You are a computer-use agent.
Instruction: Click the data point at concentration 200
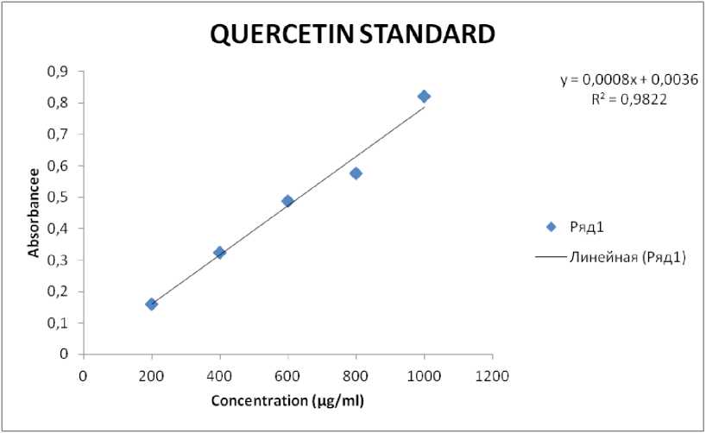(x=152, y=304)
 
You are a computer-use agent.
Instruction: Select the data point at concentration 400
(x=219, y=253)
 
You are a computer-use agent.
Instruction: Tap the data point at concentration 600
(x=287, y=201)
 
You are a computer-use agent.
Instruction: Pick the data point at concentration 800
(x=356, y=173)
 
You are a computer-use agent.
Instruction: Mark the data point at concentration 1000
(x=424, y=96)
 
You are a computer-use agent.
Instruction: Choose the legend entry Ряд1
(x=590, y=227)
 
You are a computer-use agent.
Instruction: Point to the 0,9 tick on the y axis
(x=56, y=72)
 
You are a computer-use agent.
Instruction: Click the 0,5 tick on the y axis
(x=56, y=198)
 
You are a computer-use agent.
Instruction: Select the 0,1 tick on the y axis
(x=56, y=323)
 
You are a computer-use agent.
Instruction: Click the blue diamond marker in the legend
(x=552, y=227)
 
